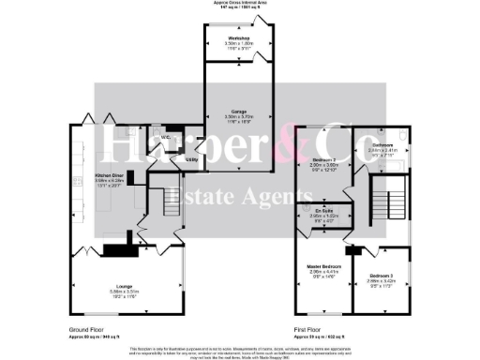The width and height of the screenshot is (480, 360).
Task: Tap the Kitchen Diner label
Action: (x=110, y=175)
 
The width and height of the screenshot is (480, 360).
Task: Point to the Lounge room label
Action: (x=124, y=285)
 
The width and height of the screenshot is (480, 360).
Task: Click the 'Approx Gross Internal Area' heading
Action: (x=239, y=4)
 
